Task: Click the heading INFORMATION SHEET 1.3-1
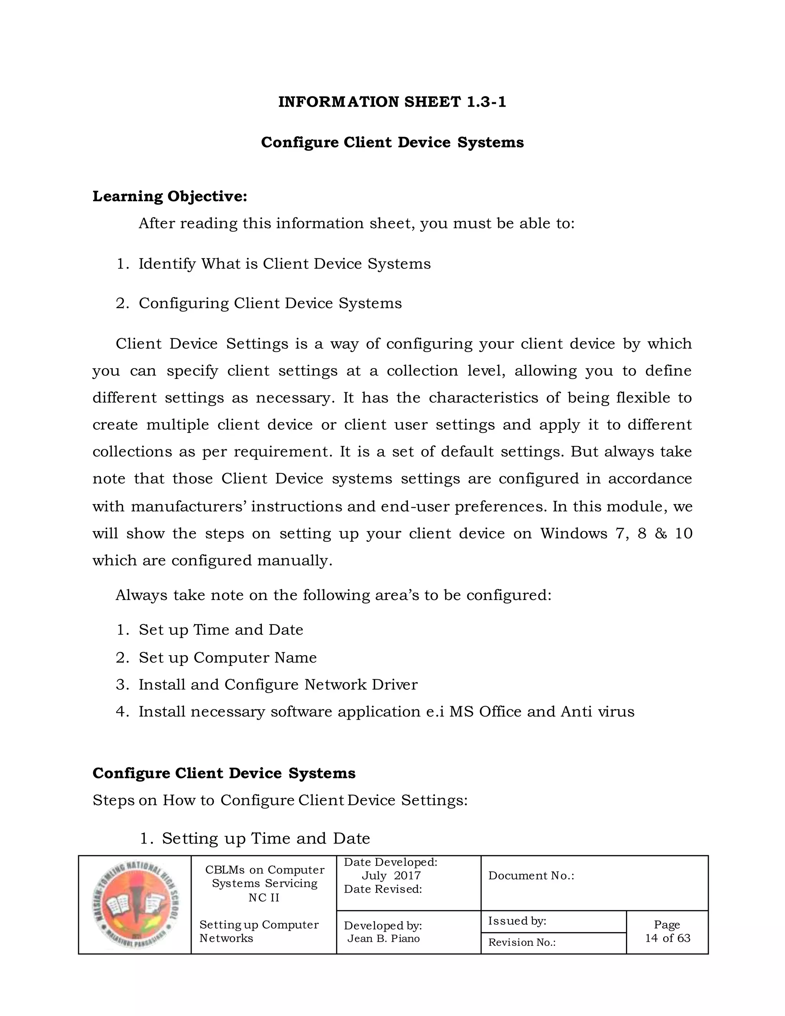click(392, 102)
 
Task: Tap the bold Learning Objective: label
click(170, 196)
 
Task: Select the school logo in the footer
click(135, 905)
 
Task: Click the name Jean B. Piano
click(384, 938)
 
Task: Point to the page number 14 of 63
click(667, 938)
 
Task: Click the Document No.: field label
click(531, 876)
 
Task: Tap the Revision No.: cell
click(522, 942)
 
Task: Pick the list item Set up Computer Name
click(227, 657)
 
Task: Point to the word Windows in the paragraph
click(573, 533)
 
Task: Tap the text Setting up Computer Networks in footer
click(259, 931)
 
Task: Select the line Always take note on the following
click(333, 595)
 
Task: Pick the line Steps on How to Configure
click(279, 800)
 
